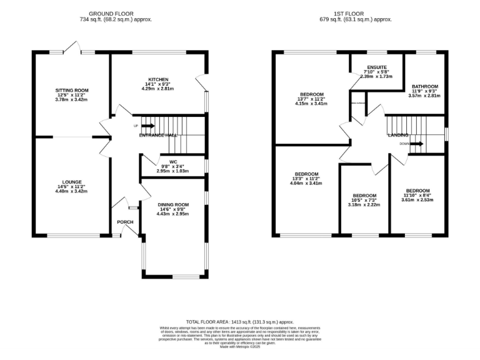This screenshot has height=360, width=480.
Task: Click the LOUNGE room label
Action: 72,182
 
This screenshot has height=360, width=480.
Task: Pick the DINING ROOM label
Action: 172,204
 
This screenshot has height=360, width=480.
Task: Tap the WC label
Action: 165,161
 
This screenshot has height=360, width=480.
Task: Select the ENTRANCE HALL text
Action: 158,135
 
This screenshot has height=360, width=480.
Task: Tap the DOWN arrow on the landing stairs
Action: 417,144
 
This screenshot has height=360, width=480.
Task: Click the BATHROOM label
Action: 424,86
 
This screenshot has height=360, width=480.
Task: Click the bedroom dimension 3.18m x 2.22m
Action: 364,204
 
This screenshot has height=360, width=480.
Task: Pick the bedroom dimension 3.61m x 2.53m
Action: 417,199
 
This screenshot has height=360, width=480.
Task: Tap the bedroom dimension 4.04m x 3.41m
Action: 307,183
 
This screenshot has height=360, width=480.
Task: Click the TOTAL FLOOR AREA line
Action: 239,321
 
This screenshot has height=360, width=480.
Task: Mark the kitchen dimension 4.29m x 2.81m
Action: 158,89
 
